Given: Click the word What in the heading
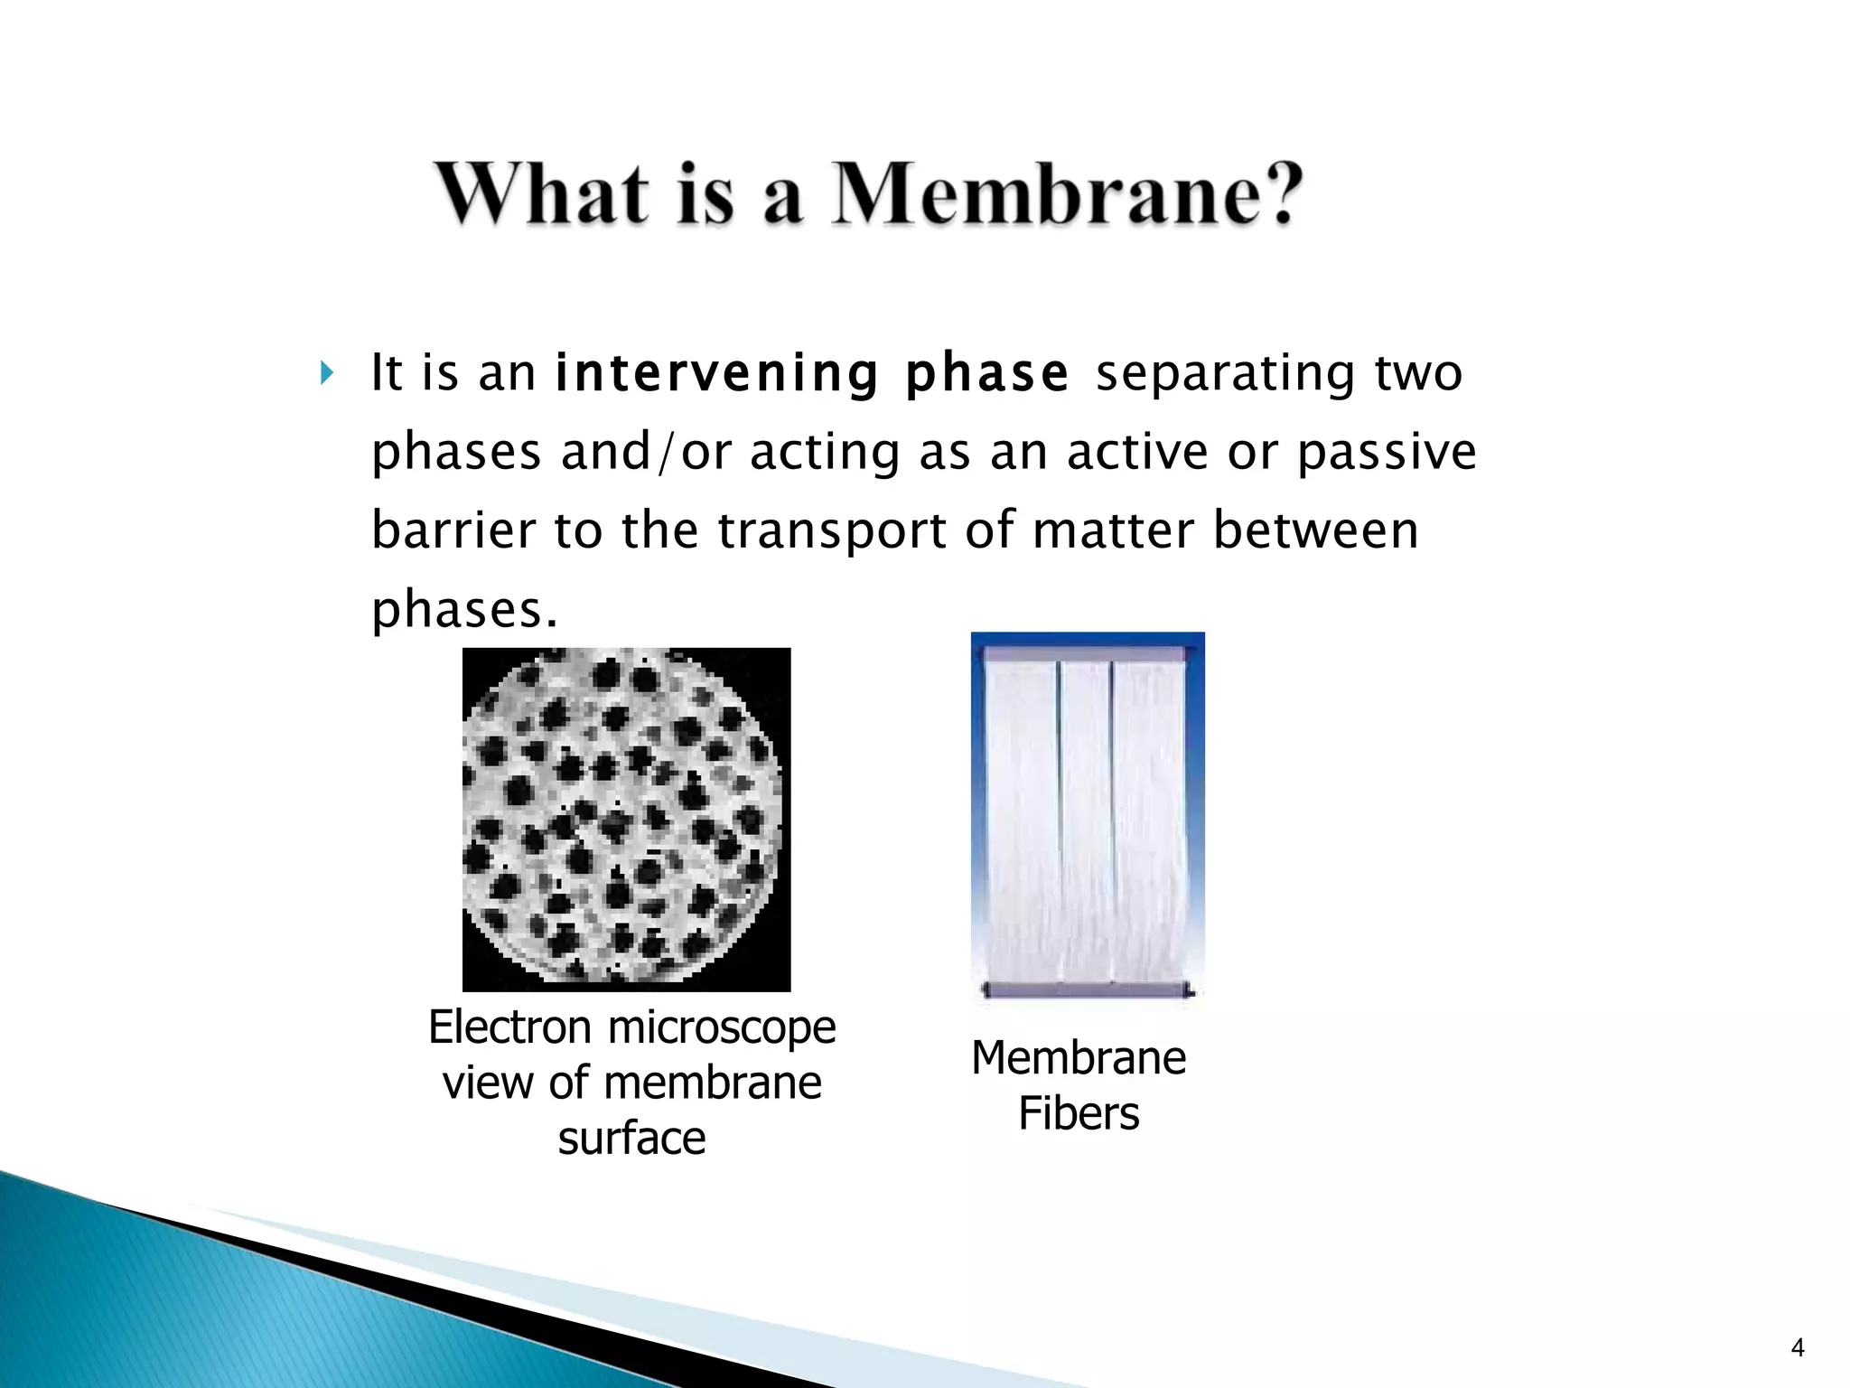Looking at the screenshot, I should (x=542, y=193).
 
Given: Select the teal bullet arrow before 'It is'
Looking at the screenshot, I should (x=327, y=372).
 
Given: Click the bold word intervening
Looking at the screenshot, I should (x=717, y=372).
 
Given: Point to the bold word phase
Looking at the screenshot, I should (x=987, y=372).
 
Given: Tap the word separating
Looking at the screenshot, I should (x=1225, y=374).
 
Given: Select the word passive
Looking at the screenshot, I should (x=1387, y=452).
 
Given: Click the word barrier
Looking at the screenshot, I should (x=453, y=530).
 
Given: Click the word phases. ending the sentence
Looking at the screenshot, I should (x=464, y=610).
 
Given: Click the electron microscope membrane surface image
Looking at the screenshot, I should (x=626, y=819).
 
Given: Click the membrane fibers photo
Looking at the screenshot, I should (x=1088, y=817).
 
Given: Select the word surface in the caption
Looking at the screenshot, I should (x=631, y=1138).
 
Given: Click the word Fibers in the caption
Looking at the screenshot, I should (x=1079, y=1113).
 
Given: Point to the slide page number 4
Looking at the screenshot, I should (x=1797, y=1348).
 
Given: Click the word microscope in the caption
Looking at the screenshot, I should (x=722, y=1028).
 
